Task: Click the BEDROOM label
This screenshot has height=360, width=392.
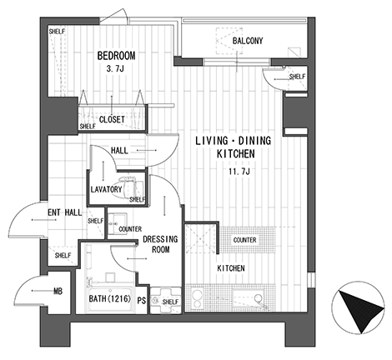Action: point(116,56)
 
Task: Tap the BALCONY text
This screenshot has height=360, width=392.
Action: point(248,41)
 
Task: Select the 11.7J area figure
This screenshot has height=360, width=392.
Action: point(239,172)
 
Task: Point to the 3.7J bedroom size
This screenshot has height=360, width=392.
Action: point(115,68)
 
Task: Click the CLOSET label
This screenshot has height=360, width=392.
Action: point(112,120)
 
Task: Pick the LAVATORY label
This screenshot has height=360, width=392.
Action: point(107,189)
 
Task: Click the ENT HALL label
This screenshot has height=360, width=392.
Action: point(65,212)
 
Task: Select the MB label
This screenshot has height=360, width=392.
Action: point(58,291)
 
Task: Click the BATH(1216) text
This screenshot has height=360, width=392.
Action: point(109,299)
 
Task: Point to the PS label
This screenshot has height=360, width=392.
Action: point(142,300)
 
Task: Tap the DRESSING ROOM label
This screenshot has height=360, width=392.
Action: point(160,244)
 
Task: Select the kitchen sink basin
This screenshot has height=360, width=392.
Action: point(248,298)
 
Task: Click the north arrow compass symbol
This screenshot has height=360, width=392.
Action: point(359,307)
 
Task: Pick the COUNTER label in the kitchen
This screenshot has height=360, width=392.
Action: point(244,240)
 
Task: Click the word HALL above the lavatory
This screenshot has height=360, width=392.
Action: point(119,151)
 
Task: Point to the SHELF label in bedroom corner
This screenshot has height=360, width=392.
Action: point(57,32)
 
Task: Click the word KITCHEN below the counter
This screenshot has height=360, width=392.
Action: point(231,268)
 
